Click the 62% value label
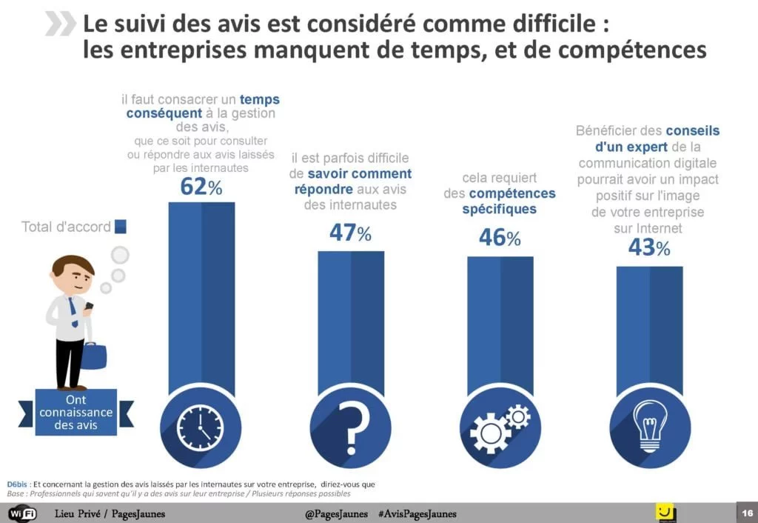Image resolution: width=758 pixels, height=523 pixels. tap(201, 187)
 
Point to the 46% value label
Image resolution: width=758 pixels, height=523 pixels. tap(500, 238)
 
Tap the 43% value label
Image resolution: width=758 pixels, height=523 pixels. tap(649, 247)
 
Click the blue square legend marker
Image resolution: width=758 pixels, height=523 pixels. tap(121, 227)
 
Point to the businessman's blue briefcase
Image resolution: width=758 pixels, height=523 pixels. tap(93, 355)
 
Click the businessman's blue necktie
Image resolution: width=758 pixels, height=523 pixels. tap(73, 312)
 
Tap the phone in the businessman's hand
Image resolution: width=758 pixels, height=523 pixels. tap(89, 305)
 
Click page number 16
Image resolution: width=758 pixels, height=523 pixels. tap(745, 513)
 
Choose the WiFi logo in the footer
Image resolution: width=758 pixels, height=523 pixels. tap(22, 513)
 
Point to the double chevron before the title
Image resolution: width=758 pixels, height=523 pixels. tap(60, 24)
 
